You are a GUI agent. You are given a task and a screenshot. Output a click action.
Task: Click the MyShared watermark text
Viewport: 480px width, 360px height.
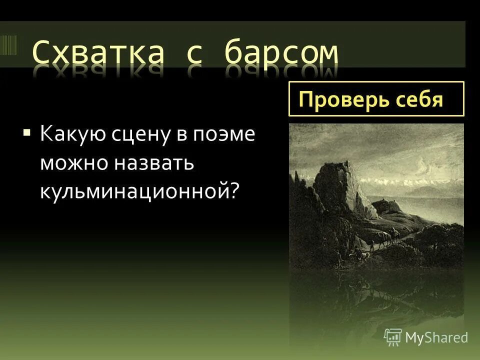coord(436,337)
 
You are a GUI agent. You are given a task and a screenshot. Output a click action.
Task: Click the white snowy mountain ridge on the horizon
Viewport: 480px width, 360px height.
coord(410,180)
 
